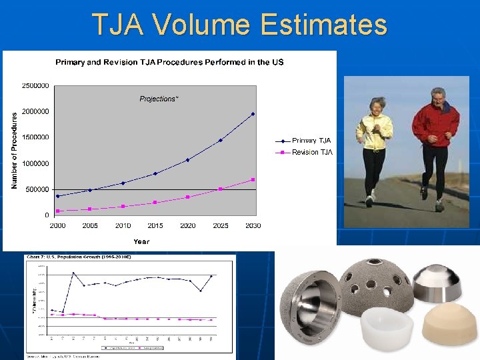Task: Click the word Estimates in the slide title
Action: pos(324,25)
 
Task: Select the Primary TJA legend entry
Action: pos(311,141)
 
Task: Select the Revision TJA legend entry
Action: pos(311,153)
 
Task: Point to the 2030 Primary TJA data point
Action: pos(253,114)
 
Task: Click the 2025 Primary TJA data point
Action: pos(221,140)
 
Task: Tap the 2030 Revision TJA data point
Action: pos(253,179)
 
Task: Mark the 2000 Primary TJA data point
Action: pos(58,196)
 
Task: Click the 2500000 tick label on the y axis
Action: pos(35,85)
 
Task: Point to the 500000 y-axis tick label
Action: pos(37,189)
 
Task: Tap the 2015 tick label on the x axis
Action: pos(155,226)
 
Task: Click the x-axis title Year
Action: pos(141,241)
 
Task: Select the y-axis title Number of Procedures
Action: pos(15,149)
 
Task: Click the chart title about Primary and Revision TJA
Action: pos(169,62)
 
